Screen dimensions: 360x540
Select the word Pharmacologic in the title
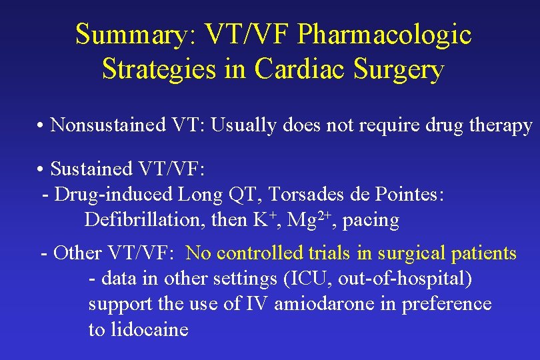tap(385, 35)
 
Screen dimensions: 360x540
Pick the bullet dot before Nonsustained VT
tap(41, 126)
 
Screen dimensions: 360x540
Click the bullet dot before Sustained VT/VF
tap(41, 170)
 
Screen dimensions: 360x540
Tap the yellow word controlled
tap(261, 253)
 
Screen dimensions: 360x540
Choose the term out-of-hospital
tap(405, 279)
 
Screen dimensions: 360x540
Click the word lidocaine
tap(150, 329)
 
